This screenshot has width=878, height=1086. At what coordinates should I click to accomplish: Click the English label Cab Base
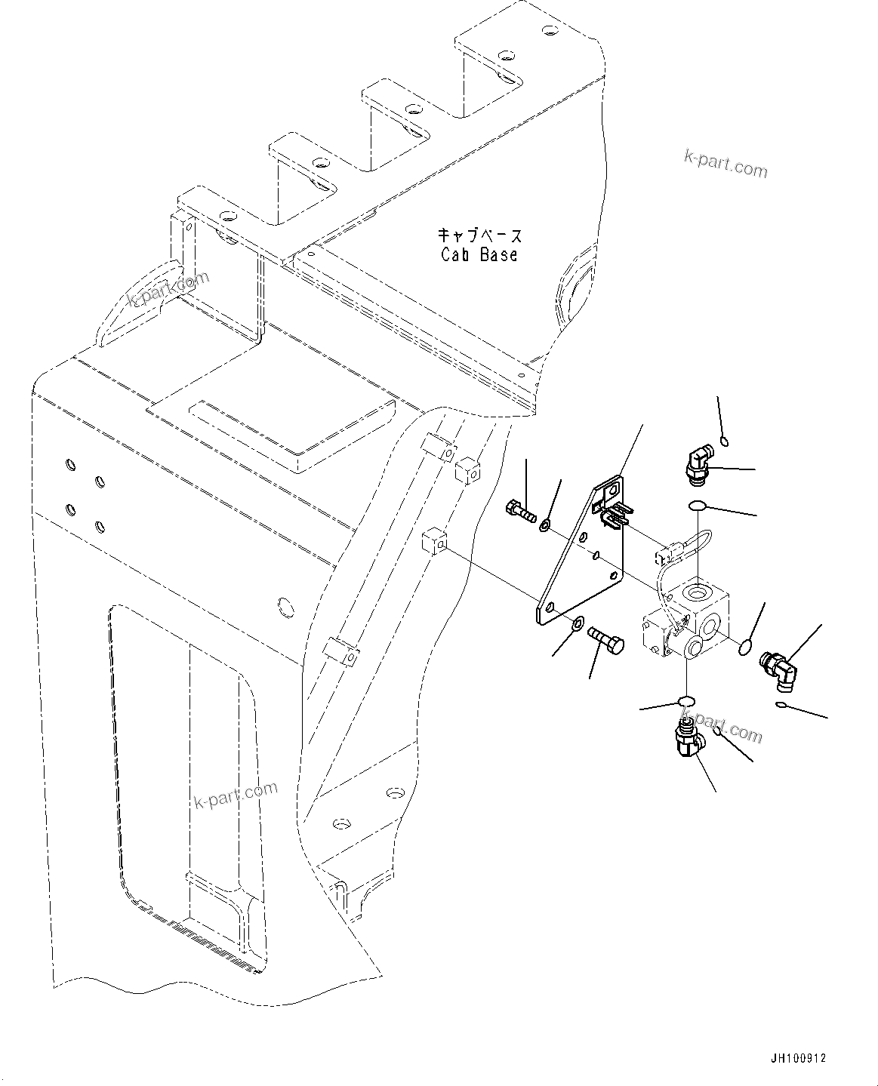[480, 255]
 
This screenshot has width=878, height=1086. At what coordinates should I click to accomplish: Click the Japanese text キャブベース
[480, 235]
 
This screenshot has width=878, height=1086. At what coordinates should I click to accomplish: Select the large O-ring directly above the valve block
[698, 506]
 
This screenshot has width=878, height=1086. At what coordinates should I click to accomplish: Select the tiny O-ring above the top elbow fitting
[724, 441]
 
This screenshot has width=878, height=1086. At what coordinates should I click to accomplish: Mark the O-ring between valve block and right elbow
[744, 645]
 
